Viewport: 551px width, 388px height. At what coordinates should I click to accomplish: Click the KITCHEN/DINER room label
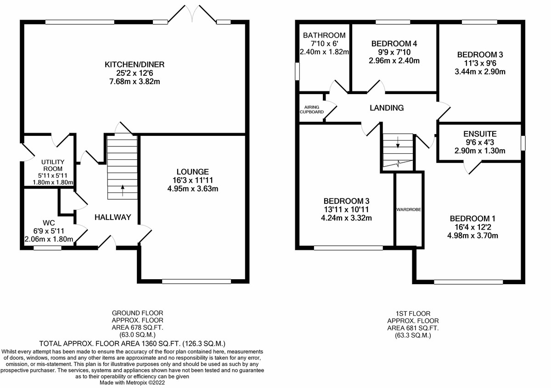[135, 65]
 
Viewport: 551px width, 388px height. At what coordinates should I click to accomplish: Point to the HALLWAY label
[113, 217]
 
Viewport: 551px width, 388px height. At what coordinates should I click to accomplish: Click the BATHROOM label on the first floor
[324, 35]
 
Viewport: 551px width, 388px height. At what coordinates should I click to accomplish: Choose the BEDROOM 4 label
[394, 44]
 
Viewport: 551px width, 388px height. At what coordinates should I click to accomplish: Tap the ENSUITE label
[479, 134]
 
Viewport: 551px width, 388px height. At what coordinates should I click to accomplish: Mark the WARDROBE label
[409, 209]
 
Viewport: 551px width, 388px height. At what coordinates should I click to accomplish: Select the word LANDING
[387, 108]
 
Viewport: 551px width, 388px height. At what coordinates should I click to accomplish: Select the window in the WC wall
[47, 247]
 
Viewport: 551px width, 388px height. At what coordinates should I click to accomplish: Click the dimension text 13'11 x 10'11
[346, 209]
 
